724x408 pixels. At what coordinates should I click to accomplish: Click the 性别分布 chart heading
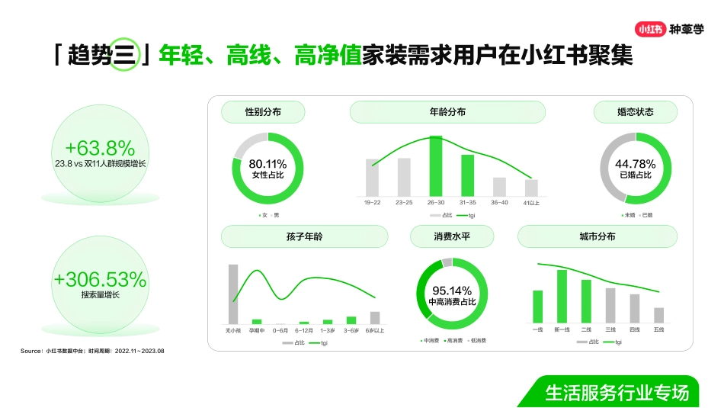263,112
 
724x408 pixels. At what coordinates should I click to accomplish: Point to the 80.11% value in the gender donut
267,163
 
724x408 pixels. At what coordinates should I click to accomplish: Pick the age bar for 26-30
436,165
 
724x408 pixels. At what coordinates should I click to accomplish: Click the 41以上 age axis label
531,203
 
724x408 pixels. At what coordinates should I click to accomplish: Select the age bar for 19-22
372,177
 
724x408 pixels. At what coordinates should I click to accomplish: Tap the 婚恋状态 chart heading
635,112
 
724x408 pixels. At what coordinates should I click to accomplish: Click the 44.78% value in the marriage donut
635,163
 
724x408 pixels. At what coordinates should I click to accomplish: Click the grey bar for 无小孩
233,294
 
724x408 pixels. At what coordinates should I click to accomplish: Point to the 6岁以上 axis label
375,330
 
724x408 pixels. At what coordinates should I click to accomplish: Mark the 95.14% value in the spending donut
452,291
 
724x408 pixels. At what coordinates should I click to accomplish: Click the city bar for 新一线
562,296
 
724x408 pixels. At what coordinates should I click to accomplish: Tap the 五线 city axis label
658,329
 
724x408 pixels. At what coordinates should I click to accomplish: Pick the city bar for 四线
634,308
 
